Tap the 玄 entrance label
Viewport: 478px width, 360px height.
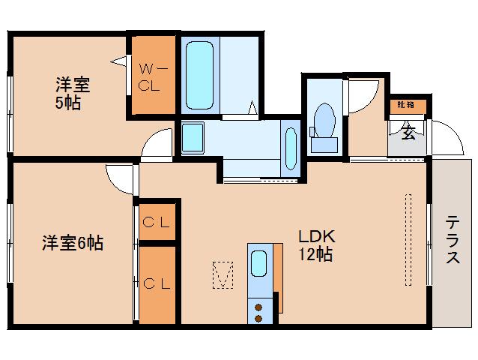pyautogui.click(x=408, y=134)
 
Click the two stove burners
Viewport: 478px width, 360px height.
pyautogui.click(x=259, y=310)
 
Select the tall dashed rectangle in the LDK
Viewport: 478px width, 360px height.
pyautogui.click(x=408, y=240)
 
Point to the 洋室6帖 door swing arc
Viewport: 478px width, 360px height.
pyautogui.click(x=119, y=177)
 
